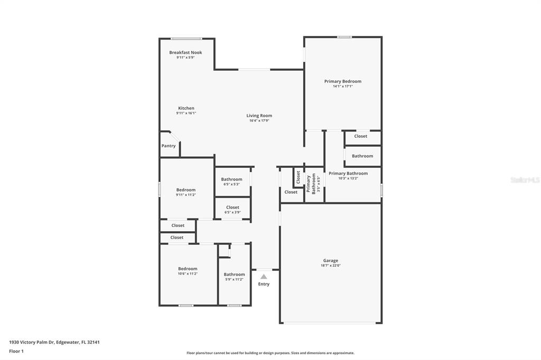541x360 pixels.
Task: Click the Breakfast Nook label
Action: pos(185,52)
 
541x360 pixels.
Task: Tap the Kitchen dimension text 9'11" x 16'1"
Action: pos(186,113)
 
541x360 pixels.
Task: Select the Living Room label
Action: pos(259,116)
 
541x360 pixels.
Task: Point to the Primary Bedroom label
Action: pos(342,81)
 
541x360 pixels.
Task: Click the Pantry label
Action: pos(169,146)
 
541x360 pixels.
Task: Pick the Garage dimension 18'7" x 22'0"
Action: pos(331,266)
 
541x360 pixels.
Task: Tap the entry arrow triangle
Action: pos(264,277)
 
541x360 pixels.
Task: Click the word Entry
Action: pos(264,284)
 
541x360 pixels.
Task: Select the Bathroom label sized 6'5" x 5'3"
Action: pos(231,179)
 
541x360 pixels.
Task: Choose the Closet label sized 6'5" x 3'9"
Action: pos(232,207)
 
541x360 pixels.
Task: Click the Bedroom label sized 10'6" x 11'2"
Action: pos(188,269)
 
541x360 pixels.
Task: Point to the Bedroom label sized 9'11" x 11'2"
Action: pos(186,190)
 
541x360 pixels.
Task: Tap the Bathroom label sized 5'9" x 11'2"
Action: pos(234,274)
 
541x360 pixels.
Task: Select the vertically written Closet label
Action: pos(298,177)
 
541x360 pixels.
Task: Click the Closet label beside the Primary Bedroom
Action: pos(360,136)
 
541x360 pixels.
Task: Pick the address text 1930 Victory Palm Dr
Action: pos(31,343)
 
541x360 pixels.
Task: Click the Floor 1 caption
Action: pos(16,352)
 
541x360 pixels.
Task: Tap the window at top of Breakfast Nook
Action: pos(186,39)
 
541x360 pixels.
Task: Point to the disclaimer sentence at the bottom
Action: pos(270,353)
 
